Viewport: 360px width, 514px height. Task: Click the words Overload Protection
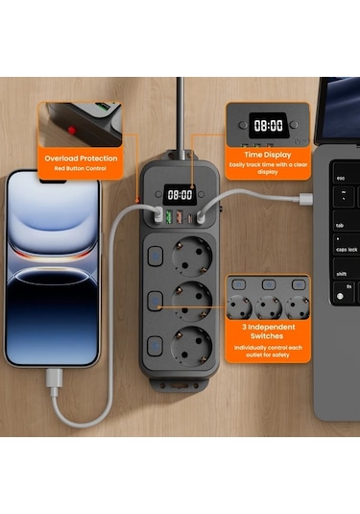coord(80,159)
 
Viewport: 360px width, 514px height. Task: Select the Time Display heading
coord(267,153)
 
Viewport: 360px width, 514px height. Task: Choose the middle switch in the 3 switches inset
coord(269,285)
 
